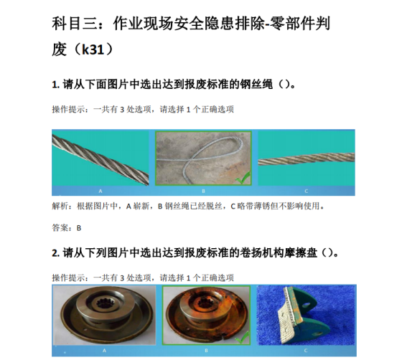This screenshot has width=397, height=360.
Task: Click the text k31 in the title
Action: point(93,49)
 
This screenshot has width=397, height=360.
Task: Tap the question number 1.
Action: point(55,85)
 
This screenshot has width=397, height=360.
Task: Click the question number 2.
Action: point(55,252)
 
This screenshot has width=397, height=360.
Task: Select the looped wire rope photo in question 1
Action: point(203,158)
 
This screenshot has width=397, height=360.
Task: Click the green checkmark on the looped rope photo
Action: point(243,178)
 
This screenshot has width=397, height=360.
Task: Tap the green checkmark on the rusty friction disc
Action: point(243,337)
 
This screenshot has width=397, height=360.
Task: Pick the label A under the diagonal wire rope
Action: point(101,191)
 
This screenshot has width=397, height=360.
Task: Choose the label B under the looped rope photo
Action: point(203,191)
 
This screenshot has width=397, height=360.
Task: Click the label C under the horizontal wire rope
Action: point(306,191)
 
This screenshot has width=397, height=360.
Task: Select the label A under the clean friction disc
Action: point(104,351)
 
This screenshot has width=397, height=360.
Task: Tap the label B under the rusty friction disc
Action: point(206,351)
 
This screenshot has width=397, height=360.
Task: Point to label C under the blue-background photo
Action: point(305,351)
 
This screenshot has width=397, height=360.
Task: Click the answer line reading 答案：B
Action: point(67,228)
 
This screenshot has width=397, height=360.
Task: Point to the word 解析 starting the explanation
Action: point(60,207)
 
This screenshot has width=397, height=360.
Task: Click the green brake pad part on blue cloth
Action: point(304,315)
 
